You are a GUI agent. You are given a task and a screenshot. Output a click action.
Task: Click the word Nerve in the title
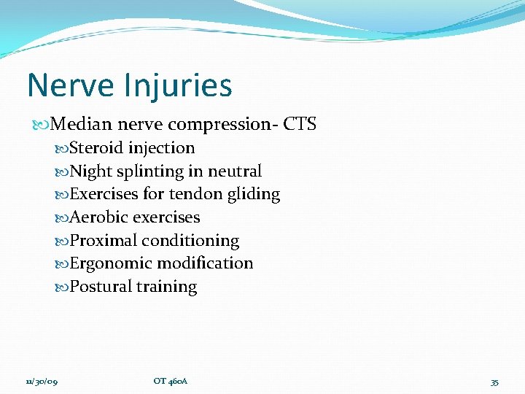[71, 85]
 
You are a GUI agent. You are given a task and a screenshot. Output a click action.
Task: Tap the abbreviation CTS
[300, 124]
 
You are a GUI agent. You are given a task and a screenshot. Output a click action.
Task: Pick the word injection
[162, 149]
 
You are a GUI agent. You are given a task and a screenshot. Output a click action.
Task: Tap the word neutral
[235, 171]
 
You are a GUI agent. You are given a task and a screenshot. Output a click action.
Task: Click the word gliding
[253, 195]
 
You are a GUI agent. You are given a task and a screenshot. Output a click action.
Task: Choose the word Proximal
[103, 241]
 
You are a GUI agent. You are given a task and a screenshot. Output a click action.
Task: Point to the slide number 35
[494, 382]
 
